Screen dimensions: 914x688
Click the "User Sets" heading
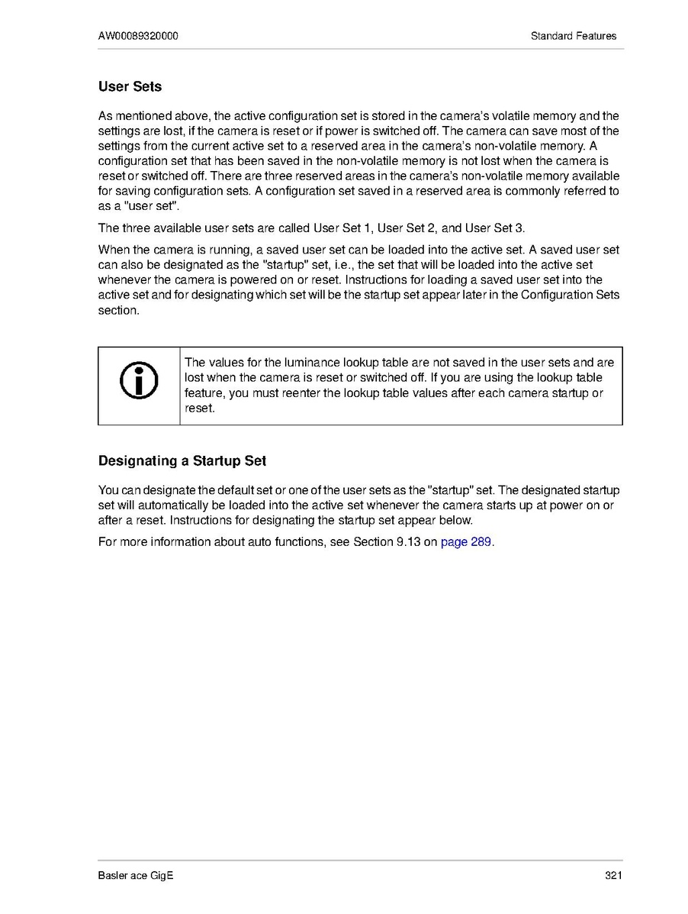click(x=130, y=86)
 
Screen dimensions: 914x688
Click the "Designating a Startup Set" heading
click(x=182, y=461)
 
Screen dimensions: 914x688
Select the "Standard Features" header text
click(x=573, y=36)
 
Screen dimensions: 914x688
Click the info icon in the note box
click(x=139, y=380)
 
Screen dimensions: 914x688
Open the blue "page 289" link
click(x=466, y=543)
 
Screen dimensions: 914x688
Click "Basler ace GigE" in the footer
click(x=136, y=876)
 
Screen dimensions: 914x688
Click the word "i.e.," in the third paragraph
click(x=336, y=265)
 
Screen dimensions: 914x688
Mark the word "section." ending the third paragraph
click(x=119, y=311)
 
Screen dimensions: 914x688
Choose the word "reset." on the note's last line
click(x=200, y=409)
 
